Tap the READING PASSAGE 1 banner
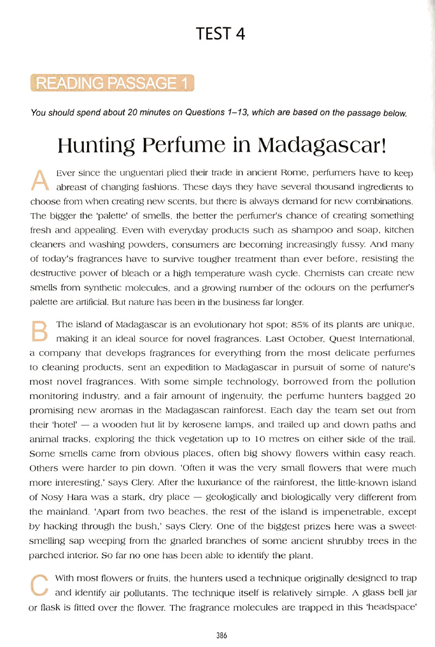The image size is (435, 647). (x=112, y=84)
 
